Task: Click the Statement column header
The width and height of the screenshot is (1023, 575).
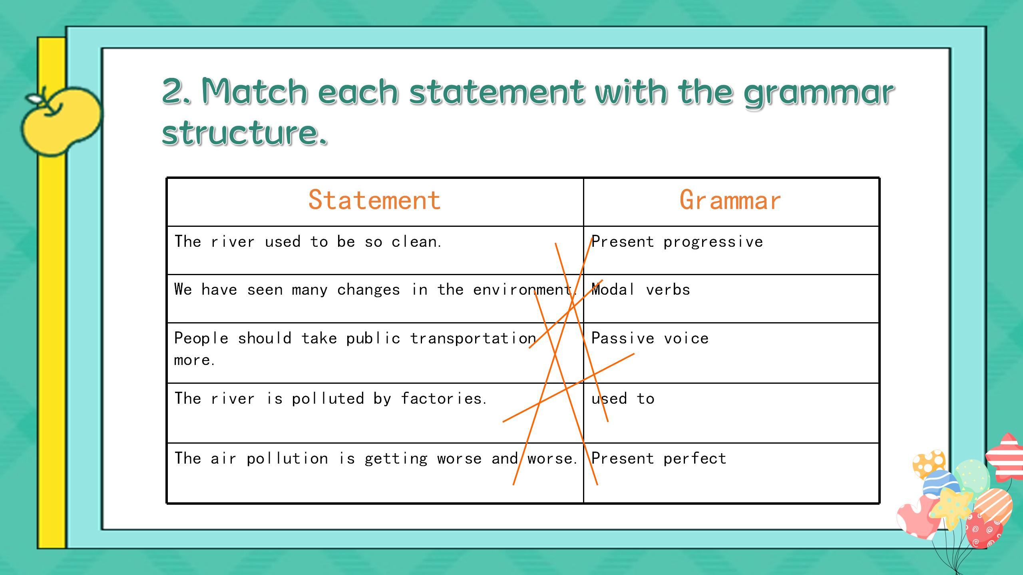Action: coord(374,200)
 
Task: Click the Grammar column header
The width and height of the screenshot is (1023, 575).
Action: coord(730,200)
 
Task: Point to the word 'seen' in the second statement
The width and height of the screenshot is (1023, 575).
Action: coord(265,290)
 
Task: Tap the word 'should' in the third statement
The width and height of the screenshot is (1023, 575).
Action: coord(265,338)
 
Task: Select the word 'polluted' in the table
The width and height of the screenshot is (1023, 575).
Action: coord(328,399)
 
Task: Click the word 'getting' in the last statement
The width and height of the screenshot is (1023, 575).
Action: coord(396,459)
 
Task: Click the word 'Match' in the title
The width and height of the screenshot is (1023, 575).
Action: coord(255,91)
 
